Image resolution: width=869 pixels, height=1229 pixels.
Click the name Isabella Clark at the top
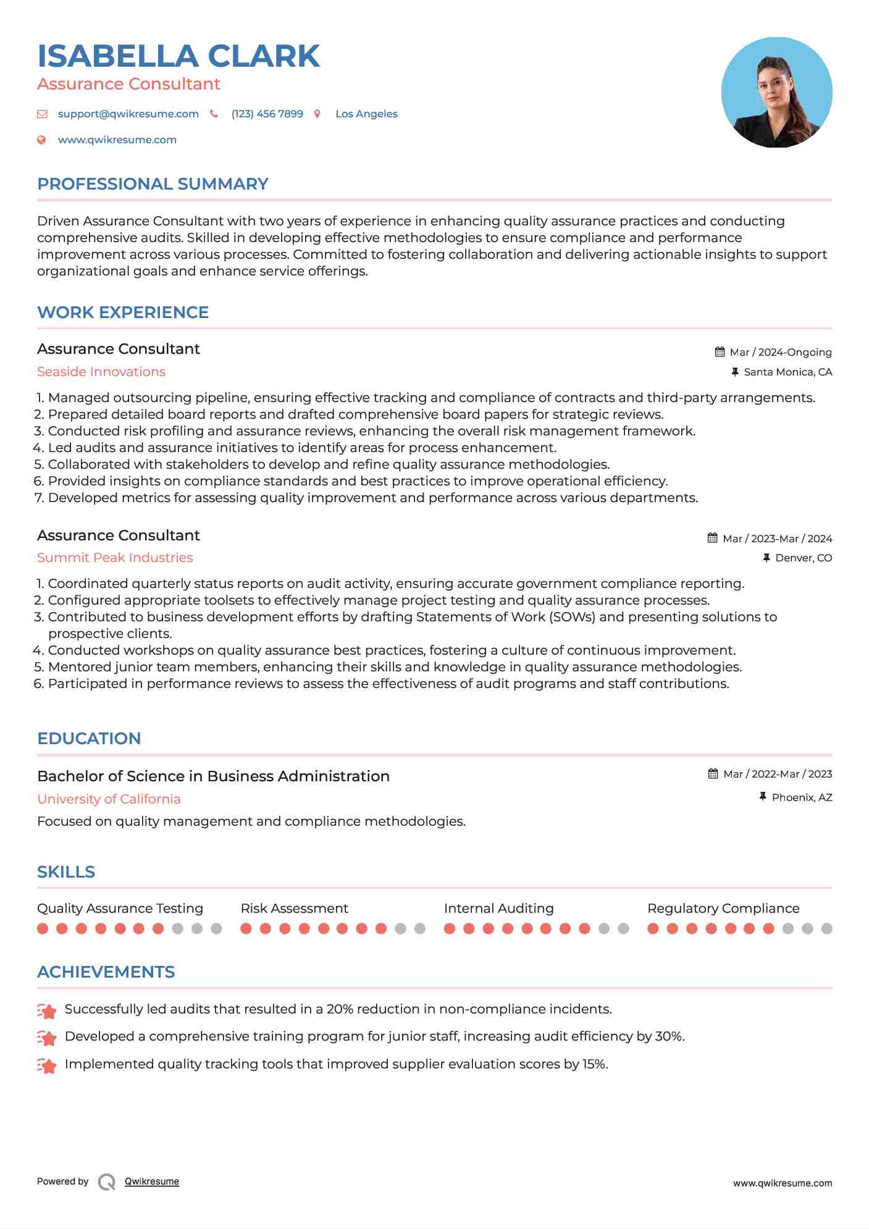(178, 56)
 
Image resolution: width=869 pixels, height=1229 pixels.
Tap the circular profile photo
(776, 93)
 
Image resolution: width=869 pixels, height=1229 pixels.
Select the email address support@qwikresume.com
(128, 114)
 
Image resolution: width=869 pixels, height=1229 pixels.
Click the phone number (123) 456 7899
(267, 114)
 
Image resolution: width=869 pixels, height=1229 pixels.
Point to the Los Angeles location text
(366, 114)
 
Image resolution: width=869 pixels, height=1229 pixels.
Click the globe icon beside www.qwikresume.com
(42, 140)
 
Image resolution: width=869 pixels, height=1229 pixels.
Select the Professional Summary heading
(153, 184)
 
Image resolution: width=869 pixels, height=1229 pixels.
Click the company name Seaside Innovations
(101, 372)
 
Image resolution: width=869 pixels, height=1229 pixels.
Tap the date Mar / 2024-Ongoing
(780, 353)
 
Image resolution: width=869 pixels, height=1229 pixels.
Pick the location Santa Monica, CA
(787, 372)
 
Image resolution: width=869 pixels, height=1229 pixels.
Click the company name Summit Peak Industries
(115, 558)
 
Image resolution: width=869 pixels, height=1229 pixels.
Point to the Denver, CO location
(803, 558)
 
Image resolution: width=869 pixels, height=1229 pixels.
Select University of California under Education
(109, 799)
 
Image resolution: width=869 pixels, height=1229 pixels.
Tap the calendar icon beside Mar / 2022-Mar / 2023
(713, 774)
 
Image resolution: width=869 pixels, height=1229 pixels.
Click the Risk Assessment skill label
(294, 908)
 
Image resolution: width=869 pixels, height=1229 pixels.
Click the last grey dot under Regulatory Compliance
(827, 929)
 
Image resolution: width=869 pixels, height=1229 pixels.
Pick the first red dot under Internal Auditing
(450, 929)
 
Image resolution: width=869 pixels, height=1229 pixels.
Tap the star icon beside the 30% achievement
(47, 1038)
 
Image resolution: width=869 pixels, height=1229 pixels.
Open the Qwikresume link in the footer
(151, 1181)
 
